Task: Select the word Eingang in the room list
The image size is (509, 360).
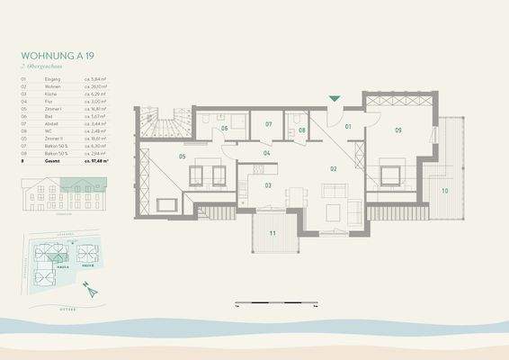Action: [52, 80]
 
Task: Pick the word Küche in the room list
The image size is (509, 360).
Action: [50, 94]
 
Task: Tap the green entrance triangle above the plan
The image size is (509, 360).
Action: [335, 98]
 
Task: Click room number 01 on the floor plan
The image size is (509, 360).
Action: [349, 127]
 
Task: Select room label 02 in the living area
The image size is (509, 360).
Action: [333, 168]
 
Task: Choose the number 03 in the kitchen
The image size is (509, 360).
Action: [268, 184]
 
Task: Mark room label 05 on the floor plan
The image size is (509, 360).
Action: [182, 157]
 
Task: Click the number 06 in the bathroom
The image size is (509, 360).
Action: [224, 129]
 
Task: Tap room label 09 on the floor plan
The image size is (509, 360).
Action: [397, 130]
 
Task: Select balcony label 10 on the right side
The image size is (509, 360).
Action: [444, 191]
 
